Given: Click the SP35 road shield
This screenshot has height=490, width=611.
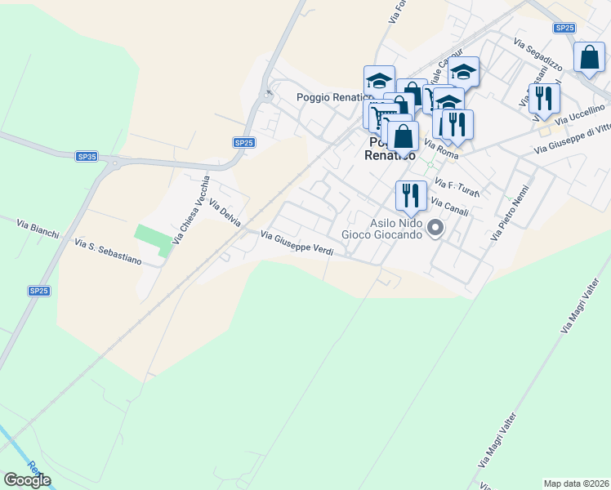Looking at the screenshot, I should coord(87,156).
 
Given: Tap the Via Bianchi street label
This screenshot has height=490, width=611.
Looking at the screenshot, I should coord(38,228).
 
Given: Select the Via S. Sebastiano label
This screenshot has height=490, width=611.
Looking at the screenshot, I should coord(108,252).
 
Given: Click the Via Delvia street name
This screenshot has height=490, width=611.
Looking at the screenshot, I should coord(225,212).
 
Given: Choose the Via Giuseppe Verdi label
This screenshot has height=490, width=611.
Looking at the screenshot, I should coord(297,243).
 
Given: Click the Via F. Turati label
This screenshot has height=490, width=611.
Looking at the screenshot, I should coord(457,187).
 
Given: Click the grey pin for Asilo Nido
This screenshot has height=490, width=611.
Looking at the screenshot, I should coord(435,228).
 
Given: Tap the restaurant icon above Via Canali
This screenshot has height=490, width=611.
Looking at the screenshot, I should coord(411,195).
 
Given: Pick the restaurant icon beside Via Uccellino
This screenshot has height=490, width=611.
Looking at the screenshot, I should coord(543,98).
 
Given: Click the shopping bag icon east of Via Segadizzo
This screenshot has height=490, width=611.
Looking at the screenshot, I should coord(589,58).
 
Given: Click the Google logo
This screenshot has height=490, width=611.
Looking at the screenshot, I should coord(27,480).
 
